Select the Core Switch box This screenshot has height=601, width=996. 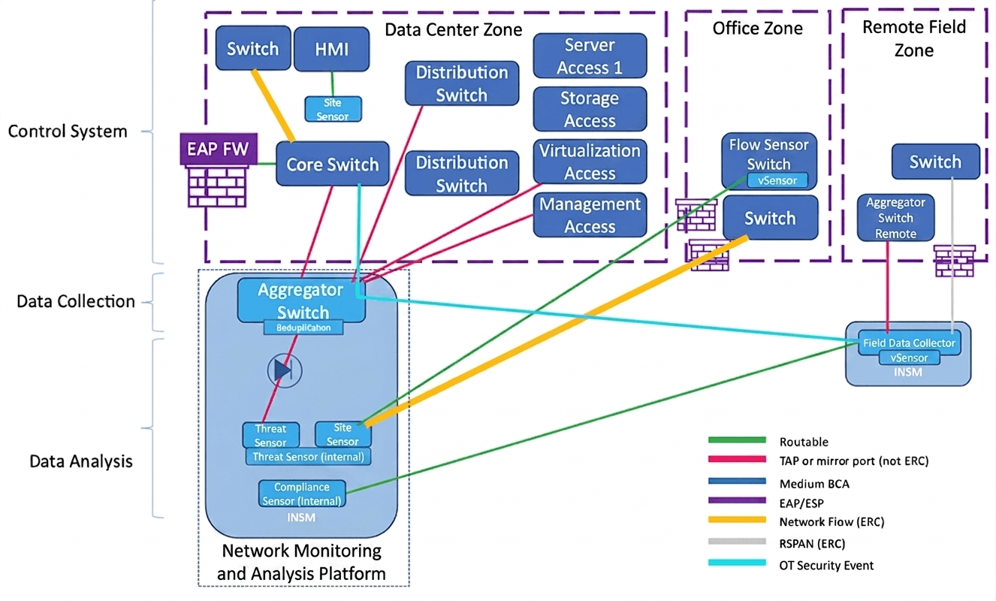(x=332, y=165)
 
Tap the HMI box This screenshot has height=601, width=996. (x=331, y=50)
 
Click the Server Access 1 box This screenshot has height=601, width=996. (x=590, y=56)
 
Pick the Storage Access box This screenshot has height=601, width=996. (x=590, y=110)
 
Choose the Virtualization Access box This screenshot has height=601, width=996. (x=590, y=162)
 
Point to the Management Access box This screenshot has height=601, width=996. (x=590, y=215)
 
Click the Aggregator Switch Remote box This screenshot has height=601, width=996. (x=895, y=218)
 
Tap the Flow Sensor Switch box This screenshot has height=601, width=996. (x=769, y=154)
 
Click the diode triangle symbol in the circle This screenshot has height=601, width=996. (x=283, y=370)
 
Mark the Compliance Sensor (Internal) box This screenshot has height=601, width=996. (x=303, y=494)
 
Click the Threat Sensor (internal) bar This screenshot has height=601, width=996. (x=308, y=457)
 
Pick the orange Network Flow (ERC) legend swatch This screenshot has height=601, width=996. (x=736, y=520)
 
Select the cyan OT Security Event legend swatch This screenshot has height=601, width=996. (x=736, y=564)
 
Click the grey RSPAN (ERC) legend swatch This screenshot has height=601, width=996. (x=736, y=543)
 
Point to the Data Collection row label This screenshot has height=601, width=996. (x=76, y=302)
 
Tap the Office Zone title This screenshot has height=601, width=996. (x=757, y=29)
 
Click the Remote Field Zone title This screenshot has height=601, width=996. (x=913, y=39)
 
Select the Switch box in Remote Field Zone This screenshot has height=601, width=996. (x=935, y=162)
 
